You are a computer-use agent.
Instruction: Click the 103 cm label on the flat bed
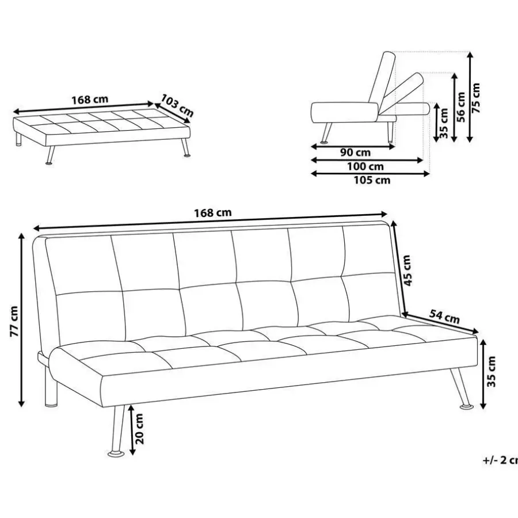click(x=177, y=105)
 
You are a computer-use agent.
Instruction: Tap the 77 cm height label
click(x=14, y=321)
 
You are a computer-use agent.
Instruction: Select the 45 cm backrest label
click(x=407, y=271)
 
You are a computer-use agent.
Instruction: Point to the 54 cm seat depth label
click(x=444, y=317)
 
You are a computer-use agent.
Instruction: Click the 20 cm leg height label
click(x=139, y=428)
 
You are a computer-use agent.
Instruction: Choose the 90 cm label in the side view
click(x=355, y=153)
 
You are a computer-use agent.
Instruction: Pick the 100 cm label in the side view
click(x=365, y=166)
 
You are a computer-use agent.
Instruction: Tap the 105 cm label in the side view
click(x=372, y=180)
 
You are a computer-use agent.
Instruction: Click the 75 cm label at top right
click(x=476, y=98)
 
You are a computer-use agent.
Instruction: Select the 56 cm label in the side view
click(x=461, y=106)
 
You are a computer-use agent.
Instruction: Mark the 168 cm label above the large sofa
click(x=213, y=213)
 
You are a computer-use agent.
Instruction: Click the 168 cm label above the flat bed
click(x=90, y=100)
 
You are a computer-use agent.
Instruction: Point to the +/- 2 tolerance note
click(x=500, y=460)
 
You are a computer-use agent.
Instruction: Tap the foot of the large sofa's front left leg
click(x=116, y=454)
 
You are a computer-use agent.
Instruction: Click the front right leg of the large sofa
click(x=462, y=389)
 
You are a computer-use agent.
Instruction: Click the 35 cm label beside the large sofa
click(x=492, y=371)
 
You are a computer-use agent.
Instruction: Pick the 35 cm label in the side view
click(x=444, y=123)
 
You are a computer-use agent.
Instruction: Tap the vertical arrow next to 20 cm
click(x=132, y=429)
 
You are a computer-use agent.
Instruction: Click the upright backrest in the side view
click(x=382, y=82)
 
